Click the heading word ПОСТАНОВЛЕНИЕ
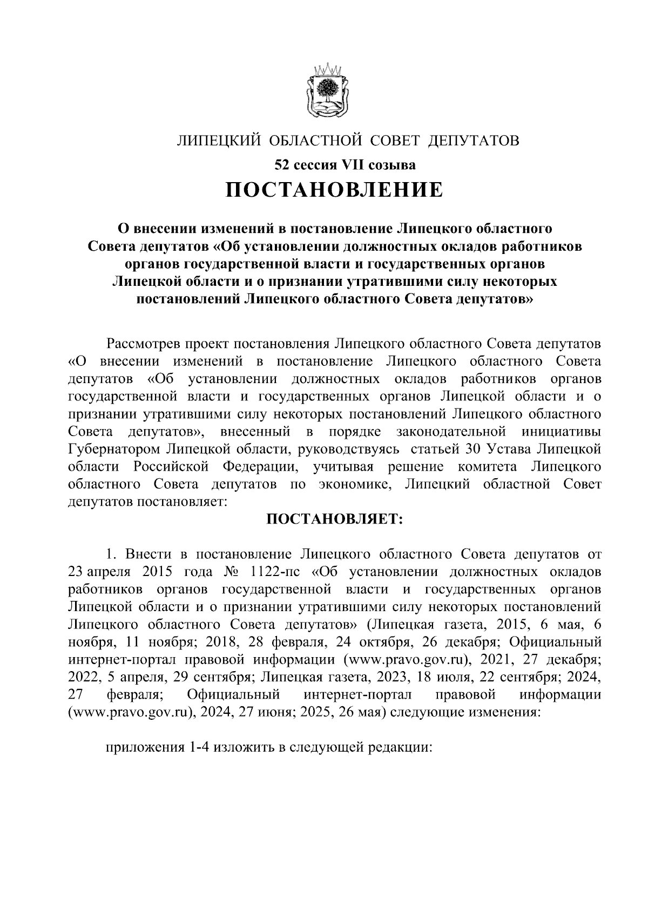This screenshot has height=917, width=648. (333, 190)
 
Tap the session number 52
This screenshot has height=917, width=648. (281, 163)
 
